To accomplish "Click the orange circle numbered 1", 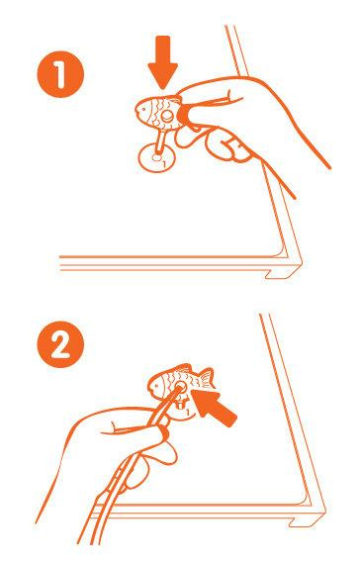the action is [x=60, y=74].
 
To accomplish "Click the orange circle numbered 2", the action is [x=60, y=344].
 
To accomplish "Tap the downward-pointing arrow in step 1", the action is [x=163, y=62].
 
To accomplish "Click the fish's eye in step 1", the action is [x=142, y=108].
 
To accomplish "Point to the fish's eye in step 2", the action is [x=155, y=387].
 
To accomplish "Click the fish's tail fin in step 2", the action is [x=206, y=379].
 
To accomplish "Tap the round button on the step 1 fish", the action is [x=166, y=116].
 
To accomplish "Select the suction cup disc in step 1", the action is [x=157, y=157].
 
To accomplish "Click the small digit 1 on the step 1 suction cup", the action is [x=164, y=164].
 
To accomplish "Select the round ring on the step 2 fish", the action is [x=179, y=388].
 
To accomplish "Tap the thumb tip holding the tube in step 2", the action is [x=165, y=431].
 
